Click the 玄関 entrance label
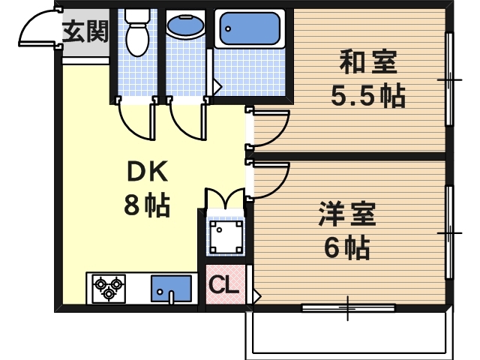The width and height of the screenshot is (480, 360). click(85, 32)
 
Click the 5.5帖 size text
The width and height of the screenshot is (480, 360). click(367, 95)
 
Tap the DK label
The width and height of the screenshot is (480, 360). click(147, 173)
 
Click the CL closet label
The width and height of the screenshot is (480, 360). click(223, 285)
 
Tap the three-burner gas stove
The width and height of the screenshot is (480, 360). click(109, 288)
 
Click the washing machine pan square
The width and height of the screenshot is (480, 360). click(225, 238)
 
